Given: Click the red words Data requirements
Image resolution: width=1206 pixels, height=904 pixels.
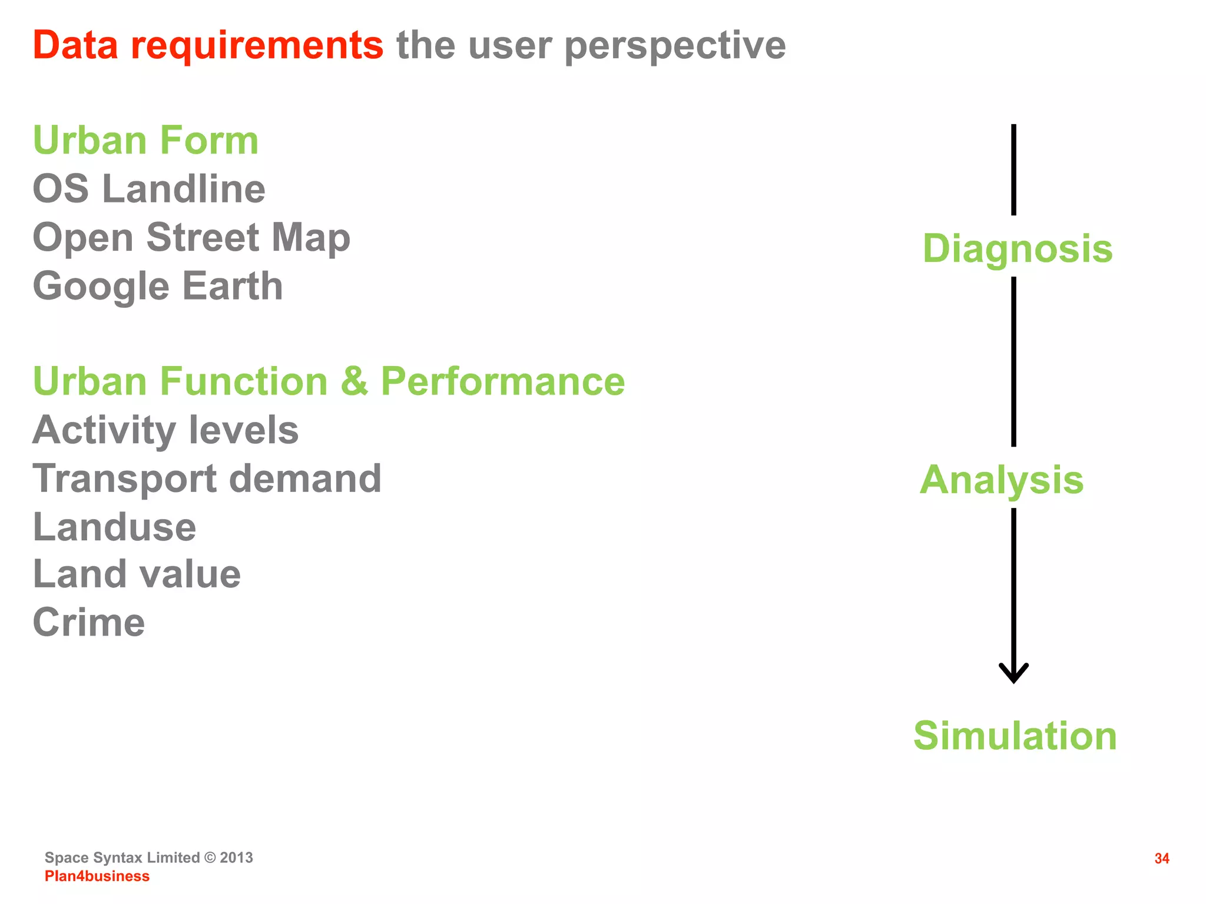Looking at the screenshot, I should point(208,45).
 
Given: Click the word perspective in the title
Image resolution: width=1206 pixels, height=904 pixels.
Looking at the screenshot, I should point(675,46).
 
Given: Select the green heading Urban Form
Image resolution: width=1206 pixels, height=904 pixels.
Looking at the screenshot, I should point(145,141).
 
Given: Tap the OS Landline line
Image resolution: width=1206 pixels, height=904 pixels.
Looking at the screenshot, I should point(149,189).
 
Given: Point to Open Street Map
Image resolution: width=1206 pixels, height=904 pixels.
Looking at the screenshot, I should point(191,238).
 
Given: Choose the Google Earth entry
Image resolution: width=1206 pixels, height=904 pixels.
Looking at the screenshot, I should point(158,287).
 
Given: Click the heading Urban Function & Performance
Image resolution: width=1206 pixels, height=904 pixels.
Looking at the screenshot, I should point(329,381).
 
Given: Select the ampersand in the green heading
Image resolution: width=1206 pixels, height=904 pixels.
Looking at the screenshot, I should point(354,381).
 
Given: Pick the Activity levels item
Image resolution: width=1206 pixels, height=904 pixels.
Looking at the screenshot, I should point(165,430).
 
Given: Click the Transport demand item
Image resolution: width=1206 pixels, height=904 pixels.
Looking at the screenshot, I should point(207,478).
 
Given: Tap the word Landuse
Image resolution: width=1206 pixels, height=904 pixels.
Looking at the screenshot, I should point(114,527).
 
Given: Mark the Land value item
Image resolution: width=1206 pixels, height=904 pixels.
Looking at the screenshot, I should point(137,574).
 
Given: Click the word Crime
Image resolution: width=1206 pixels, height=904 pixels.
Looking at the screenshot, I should point(89,623).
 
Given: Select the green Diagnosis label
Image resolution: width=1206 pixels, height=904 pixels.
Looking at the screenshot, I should point(1017,248).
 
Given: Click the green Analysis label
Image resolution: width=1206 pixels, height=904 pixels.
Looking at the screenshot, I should point(1001,480).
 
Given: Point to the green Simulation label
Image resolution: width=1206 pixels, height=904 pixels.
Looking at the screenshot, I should point(1015,736).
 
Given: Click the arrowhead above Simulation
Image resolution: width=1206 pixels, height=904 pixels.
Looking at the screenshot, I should point(1013,673).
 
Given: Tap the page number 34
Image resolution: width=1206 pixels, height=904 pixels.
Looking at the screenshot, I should point(1161,859).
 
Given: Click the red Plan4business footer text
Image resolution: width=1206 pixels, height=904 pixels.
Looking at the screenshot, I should point(97,876).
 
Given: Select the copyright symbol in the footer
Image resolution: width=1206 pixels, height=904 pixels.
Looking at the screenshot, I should point(210,858).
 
